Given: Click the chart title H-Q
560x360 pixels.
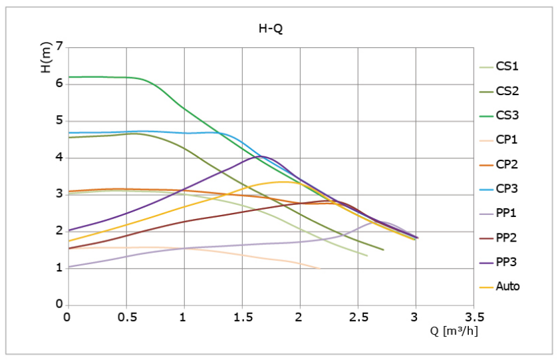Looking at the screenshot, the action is click(x=271, y=28).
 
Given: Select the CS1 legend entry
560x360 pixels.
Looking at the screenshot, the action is click(x=499, y=67).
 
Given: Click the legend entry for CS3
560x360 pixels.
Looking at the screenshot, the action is click(x=499, y=116).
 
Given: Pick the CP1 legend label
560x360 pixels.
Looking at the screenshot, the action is click(x=499, y=140).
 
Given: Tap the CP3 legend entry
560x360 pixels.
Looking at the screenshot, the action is click(x=499, y=189).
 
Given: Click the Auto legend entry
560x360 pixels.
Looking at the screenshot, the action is click(x=499, y=286).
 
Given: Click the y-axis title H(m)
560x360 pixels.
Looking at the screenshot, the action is click(x=47, y=57).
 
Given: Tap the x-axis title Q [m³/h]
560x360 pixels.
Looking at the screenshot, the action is click(x=454, y=331).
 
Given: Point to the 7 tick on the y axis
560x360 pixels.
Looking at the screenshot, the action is click(x=59, y=47).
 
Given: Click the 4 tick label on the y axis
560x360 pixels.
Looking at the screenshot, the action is click(x=59, y=157).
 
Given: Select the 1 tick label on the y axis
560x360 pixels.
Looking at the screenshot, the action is click(x=59, y=268).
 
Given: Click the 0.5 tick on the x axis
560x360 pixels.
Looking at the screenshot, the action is click(x=126, y=317).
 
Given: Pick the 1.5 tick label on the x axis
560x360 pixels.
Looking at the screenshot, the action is click(x=243, y=317).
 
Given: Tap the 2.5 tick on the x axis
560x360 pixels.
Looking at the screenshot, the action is click(x=358, y=317).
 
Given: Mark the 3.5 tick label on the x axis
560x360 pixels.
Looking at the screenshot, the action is click(x=474, y=317).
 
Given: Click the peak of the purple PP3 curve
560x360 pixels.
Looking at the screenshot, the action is click(x=262, y=156).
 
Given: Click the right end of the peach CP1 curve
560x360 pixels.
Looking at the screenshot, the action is click(x=320, y=268).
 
